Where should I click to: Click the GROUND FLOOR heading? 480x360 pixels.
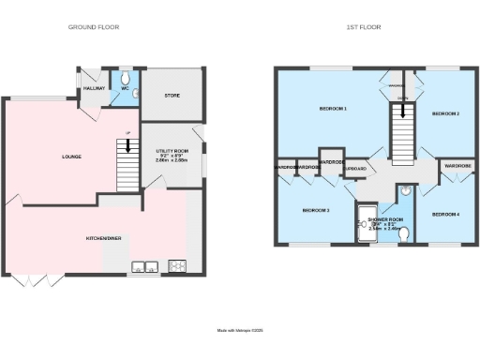(x=94, y=27)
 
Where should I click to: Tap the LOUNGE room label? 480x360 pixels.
(x=58, y=156)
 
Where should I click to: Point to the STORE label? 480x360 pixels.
(x=172, y=94)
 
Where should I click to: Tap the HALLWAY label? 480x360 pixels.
(x=95, y=88)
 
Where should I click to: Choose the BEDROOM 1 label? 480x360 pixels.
(x=333, y=110)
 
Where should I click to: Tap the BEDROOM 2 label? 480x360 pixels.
(x=444, y=113)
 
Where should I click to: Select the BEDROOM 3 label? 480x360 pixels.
(x=315, y=211)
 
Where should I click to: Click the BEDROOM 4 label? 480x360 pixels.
(x=445, y=215)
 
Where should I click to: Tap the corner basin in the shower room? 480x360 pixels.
(x=404, y=191)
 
